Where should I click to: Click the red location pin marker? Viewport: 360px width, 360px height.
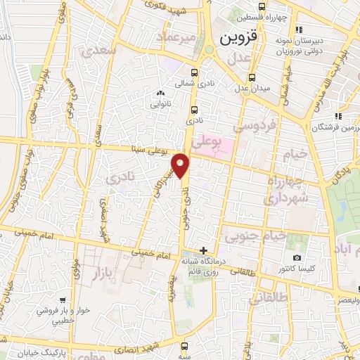click(181, 165)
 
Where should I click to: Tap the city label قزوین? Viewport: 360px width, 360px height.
click(240, 38)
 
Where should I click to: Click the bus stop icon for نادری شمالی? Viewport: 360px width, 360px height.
click(195, 72)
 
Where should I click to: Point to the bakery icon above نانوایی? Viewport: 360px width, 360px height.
click(160, 92)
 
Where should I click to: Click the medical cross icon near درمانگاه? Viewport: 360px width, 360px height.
click(202, 250)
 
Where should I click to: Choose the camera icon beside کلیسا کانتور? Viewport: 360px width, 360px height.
click(297, 258)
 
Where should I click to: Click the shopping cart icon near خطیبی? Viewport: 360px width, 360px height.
click(63, 300)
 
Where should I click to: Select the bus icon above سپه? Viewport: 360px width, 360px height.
click(185, 346)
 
